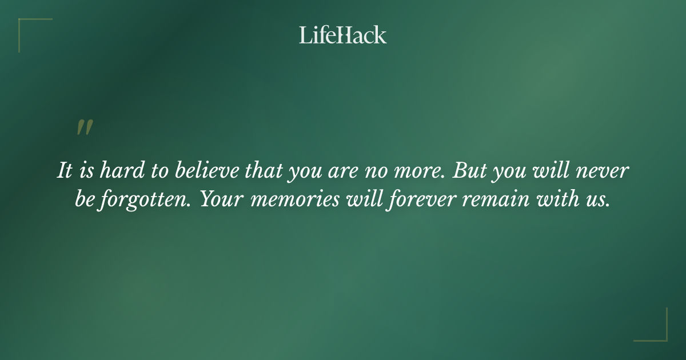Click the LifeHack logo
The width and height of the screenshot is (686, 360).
(342, 35)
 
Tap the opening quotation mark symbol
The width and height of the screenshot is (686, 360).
(85, 128)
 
